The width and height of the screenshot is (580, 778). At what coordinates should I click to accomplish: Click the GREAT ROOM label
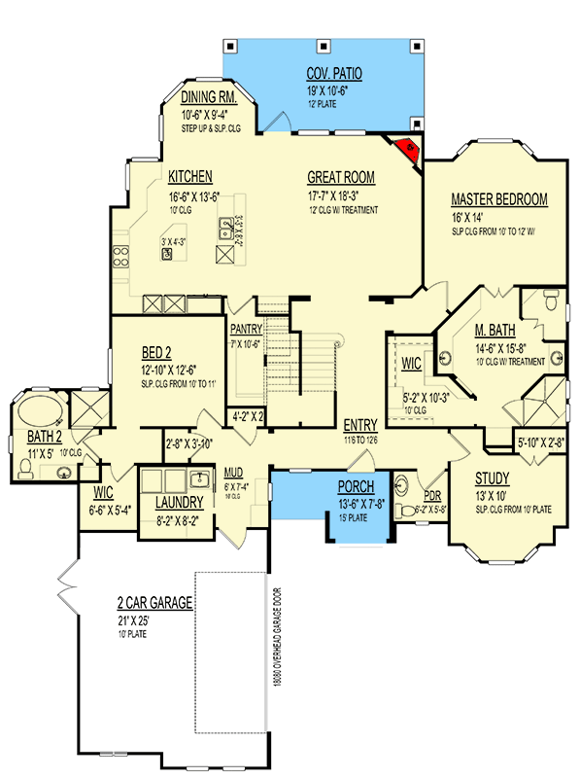(341, 178)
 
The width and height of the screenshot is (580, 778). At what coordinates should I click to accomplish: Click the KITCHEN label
(190, 177)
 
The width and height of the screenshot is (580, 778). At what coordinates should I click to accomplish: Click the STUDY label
(494, 479)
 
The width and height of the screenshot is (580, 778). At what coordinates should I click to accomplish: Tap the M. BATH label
(494, 330)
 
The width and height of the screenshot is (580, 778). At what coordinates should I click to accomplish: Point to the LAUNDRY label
(179, 503)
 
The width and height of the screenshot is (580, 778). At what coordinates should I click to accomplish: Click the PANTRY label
(247, 329)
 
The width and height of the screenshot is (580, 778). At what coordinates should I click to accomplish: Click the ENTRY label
(361, 425)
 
